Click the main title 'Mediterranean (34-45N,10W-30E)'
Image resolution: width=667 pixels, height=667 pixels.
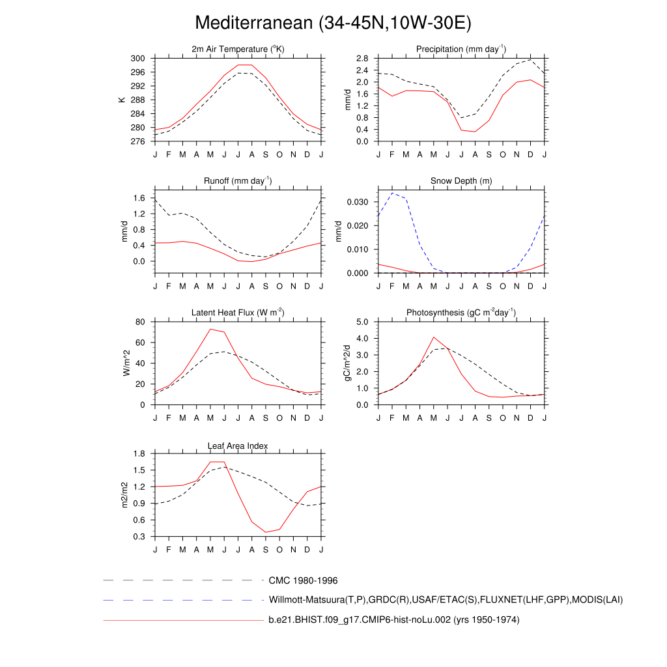[x=333, y=23]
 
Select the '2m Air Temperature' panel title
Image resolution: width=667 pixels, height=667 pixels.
[x=238, y=50]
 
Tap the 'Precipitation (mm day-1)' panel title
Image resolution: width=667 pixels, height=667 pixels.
[x=461, y=50]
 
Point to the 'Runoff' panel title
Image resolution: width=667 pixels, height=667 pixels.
[x=238, y=180]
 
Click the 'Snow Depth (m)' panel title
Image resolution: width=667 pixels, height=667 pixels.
[x=461, y=180]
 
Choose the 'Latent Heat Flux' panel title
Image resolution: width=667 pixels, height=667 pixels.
[x=238, y=313]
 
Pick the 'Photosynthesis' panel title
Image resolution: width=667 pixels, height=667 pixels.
[x=461, y=313]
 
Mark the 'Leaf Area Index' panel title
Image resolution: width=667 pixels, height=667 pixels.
[x=238, y=446]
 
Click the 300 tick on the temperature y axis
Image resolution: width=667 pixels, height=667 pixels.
[x=137, y=58]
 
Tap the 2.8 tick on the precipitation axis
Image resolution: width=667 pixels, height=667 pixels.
[x=362, y=58]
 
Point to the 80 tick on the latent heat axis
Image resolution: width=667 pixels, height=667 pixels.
[x=139, y=322]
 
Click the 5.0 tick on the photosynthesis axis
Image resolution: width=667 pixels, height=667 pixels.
[x=362, y=322]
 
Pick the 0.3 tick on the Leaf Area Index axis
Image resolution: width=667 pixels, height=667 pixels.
[x=138, y=537]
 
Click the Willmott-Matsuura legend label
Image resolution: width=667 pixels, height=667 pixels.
[x=446, y=599]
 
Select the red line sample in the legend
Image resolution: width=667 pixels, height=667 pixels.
[x=182, y=620]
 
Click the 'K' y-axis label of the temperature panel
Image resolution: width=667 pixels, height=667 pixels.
[x=121, y=100]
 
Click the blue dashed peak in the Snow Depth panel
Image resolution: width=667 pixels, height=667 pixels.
[x=392, y=193]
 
